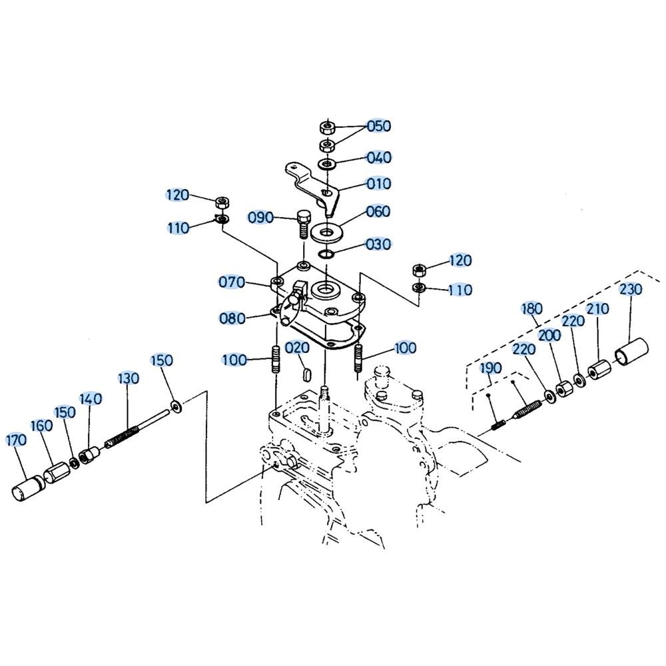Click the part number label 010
pyautogui.click(x=378, y=184)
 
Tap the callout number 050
pyautogui.click(x=378, y=126)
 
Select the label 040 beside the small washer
pyautogui.click(x=378, y=158)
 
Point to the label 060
pyautogui.click(x=378, y=211)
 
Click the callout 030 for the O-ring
pyautogui.click(x=378, y=244)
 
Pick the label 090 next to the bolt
pyautogui.click(x=260, y=218)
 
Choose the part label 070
pyautogui.click(x=232, y=282)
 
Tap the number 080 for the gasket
pyautogui.click(x=232, y=318)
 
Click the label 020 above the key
pyautogui.click(x=297, y=348)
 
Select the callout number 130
pyautogui.click(x=129, y=378)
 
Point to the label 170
pyautogui.click(x=16, y=440)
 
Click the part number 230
pyautogui.click(x=630, y=289)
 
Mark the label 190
pyautogui.click(x=491, y=368)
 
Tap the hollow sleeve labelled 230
pyautogui.click(x=631, y=351)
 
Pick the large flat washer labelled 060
pyautogui.click(x=326, y=232)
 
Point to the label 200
pyautogui.click(x=549, y=336)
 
